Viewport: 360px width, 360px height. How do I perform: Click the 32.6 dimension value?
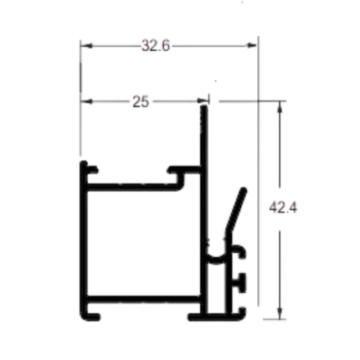(156, 45)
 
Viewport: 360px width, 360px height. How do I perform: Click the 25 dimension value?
(141, 101)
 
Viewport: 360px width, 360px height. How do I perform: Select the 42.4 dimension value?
(283, 208)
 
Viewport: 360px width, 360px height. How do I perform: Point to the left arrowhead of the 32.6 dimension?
(85, 45)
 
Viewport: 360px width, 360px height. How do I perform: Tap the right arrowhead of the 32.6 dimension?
(252, 45)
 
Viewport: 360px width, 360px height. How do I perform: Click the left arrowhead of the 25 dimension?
(85, 101)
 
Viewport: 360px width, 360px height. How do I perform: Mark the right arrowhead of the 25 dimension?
(202, 101)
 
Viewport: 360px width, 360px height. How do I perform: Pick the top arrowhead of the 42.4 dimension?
(280, 106)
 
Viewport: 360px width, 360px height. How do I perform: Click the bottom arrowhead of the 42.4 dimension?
(280, 313)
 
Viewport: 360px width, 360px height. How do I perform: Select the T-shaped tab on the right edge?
(240, 283)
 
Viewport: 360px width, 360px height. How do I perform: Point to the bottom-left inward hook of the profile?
(90, 315)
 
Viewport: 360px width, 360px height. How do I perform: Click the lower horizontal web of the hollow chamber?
(143, 299)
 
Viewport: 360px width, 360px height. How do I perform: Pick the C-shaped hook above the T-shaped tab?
(239, 251)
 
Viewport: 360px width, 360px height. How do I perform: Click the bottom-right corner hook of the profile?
(240, 314)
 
